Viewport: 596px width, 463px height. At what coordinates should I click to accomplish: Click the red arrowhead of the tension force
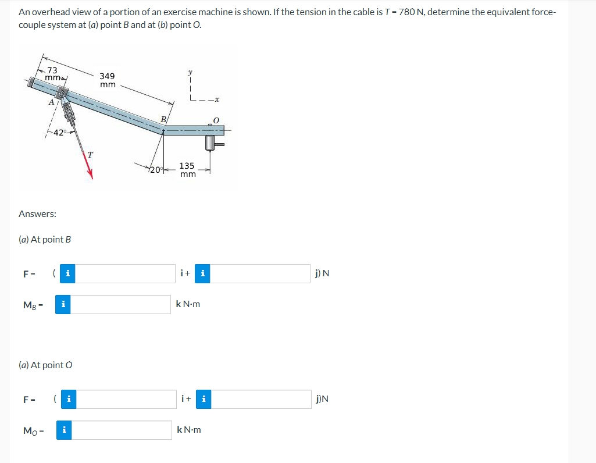(x=90, y=172)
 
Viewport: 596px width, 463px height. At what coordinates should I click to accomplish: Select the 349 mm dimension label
(x=107, y=80)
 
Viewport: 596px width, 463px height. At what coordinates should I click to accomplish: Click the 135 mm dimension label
(x=187, y=170)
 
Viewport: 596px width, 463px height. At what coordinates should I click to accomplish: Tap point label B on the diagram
(x=163, y=120)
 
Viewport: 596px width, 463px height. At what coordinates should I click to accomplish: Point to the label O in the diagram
(x=215, y=120)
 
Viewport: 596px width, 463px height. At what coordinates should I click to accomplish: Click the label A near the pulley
(x=51, y=101)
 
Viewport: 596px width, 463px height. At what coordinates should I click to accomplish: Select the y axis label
(x=190, y=72)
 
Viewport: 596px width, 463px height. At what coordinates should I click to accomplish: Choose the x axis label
(x=216, y=100)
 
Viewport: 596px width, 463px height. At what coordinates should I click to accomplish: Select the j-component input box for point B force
(x=259, y=273)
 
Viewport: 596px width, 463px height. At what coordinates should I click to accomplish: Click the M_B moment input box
(x=121, y=304)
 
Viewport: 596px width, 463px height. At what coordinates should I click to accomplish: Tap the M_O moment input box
(x=121, y=430)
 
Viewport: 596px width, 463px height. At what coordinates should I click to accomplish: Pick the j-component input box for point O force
(x=259, y=399)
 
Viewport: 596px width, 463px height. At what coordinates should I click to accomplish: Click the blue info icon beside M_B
(x=63, y=304)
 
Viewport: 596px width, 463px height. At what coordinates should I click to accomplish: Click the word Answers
(x=37, y=214)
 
